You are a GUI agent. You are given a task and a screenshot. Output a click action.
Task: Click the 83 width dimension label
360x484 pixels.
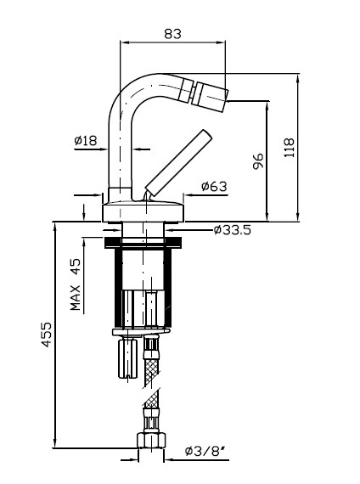[x=172, y=34]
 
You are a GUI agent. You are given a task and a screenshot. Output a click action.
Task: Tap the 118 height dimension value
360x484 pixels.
[x=290, y=148]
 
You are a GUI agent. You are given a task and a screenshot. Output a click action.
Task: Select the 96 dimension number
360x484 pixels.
[x=258, y=160]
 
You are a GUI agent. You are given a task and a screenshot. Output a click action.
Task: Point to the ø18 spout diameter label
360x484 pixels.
[x=86, y=140]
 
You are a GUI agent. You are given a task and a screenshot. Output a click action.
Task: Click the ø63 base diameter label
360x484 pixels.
[x=214, y=186]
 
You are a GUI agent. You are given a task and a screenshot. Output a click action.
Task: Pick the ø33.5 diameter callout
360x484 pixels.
[x=232, y=229]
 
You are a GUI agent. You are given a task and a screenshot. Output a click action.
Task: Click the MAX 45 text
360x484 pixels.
[x=75, y=284]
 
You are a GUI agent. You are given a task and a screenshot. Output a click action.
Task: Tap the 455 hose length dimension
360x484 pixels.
[x=47, y=335]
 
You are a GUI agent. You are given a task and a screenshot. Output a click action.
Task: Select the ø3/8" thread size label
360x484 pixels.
[x=205, y=451]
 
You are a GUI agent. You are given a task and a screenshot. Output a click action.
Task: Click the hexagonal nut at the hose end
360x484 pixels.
[x=151, y=440]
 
